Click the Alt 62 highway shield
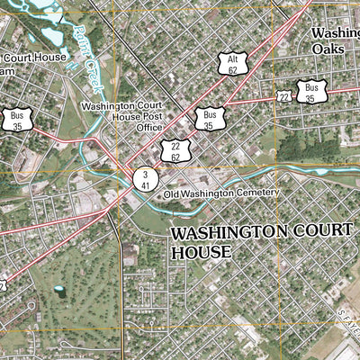pos(232,62)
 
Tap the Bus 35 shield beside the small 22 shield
pos(311,92)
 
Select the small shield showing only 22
pos(284,96)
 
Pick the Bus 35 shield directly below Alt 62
pos(210,119)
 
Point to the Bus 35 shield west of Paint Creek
pos(17,121)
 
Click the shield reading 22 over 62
pos(175,149)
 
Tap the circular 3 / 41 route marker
pos(144,178)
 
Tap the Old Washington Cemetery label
pos(222,193)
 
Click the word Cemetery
pos(258,193)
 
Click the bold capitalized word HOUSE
pos(201,252)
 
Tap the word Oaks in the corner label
pos(328,49)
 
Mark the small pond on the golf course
pos(59,291)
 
